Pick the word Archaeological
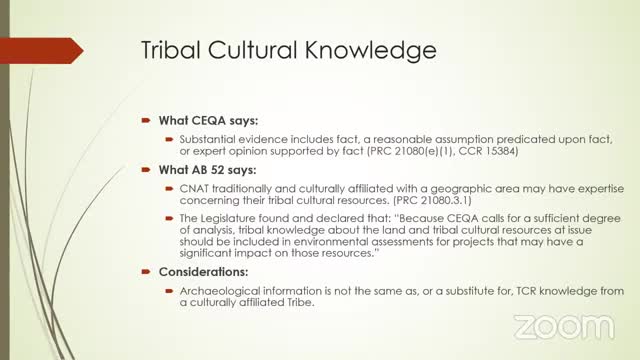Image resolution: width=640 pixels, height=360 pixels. tap(221, 290)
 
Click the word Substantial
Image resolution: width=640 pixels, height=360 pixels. tap(210, 137)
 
